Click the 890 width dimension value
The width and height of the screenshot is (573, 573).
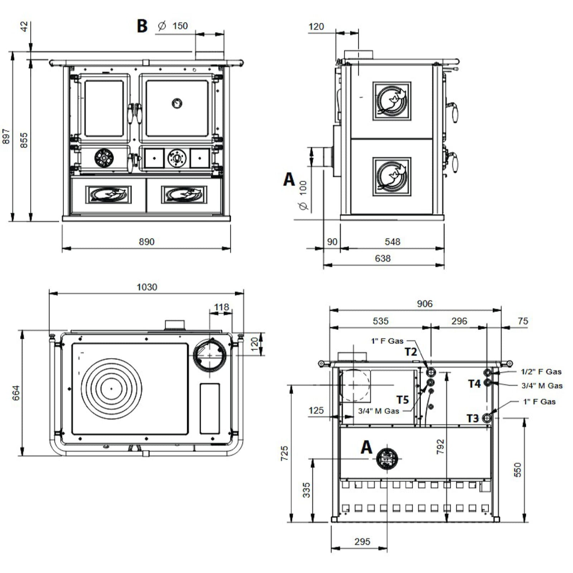click(146, 242)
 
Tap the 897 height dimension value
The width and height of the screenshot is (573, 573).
click(6, 136)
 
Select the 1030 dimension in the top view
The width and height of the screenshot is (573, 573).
click(147, 287)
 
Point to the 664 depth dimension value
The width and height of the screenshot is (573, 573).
click(16, 393)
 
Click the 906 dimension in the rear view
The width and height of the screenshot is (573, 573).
click(424, 304)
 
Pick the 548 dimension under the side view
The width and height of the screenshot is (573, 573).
click(392, 242)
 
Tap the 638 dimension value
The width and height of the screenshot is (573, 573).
click(382, 258)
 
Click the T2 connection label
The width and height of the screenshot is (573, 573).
click(411, 352)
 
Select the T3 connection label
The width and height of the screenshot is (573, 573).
click(473, 418)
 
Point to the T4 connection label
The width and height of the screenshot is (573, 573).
click(474, 384)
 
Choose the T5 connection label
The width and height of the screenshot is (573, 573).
click(403, 400)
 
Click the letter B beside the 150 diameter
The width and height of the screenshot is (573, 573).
click(142, 26)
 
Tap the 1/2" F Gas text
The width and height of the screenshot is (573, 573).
click(541, 372)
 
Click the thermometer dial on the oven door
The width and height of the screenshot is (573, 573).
click(177, 103)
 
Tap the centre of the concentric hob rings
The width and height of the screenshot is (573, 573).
click(111, 388)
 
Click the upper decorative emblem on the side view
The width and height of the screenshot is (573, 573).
click(392, 101)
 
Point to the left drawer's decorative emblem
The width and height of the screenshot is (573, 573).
click(108, 194)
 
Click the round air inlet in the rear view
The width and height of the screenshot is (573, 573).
click(387, 458)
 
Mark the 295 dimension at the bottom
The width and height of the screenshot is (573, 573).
click(362, 541)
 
